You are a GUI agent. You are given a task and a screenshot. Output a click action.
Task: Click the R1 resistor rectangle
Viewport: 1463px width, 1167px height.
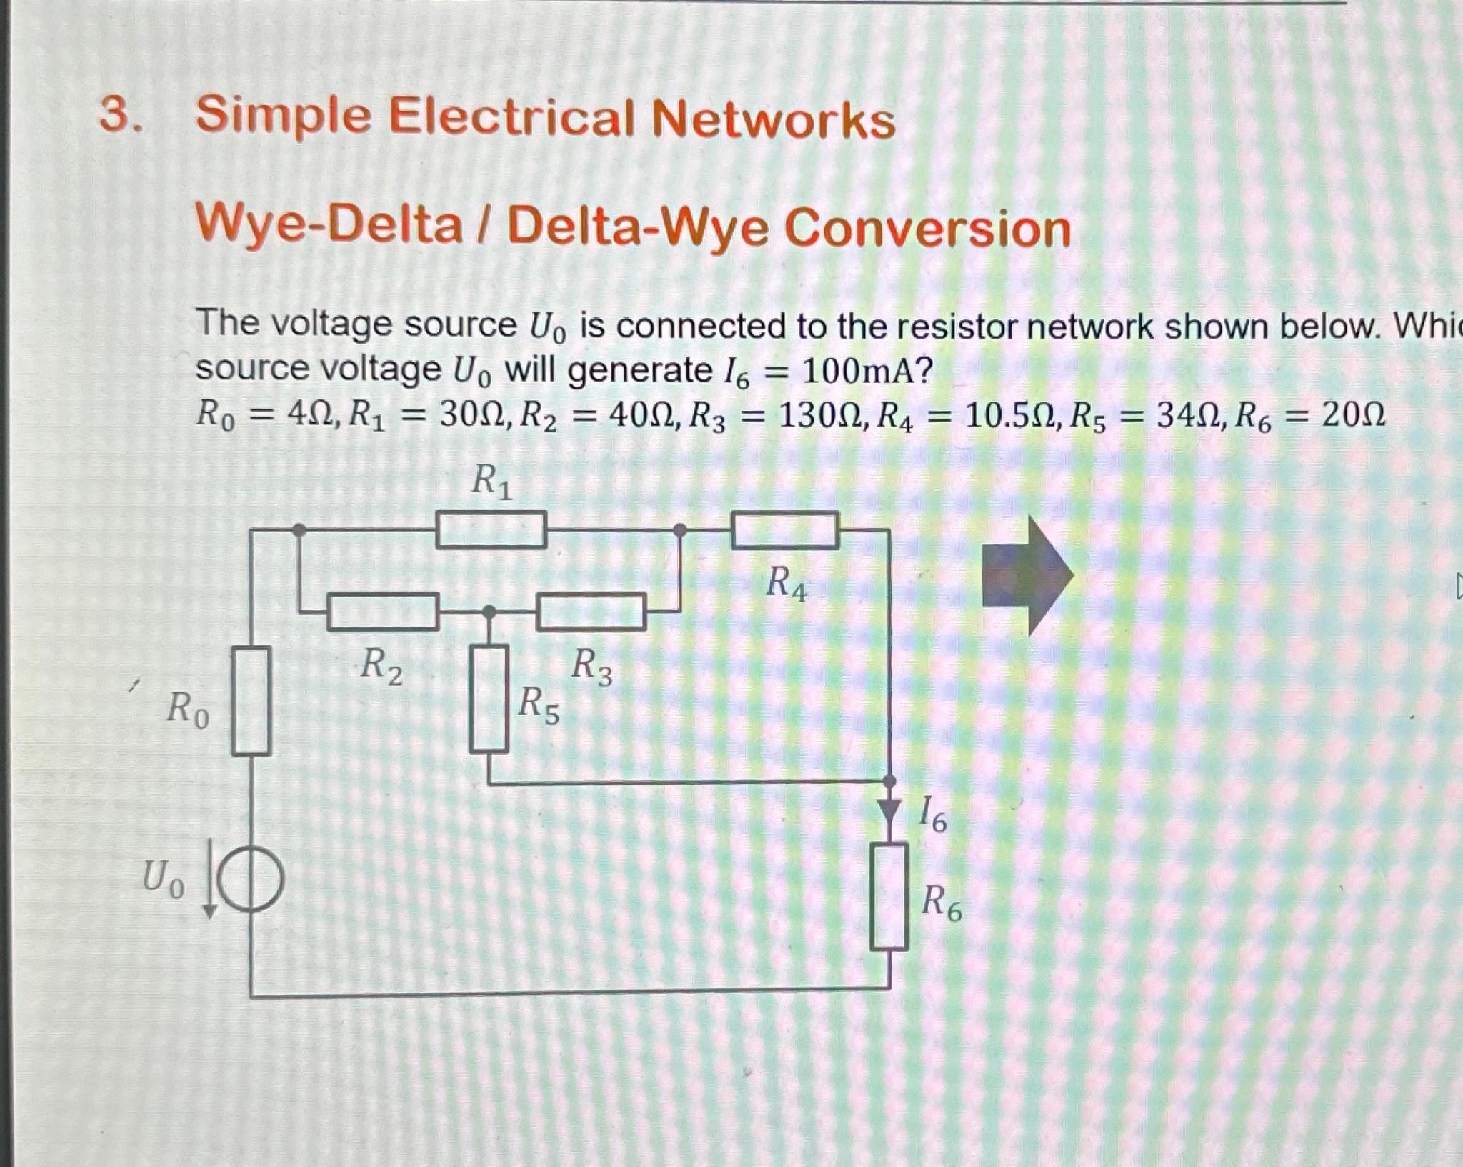(x=491, y=530)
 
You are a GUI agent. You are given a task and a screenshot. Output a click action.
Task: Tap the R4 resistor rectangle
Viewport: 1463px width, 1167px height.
(x=784, y=530)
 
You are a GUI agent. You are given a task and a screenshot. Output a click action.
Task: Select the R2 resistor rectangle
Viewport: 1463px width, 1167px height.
(x=383, y=612)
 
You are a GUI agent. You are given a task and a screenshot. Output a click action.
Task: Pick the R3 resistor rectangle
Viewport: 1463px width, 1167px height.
(x=591, y=612)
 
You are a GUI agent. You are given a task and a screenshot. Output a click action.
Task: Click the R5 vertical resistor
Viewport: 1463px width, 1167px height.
(x=489, y=698)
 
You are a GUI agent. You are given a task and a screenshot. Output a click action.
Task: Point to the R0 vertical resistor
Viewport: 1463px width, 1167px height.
(x=251, y=700)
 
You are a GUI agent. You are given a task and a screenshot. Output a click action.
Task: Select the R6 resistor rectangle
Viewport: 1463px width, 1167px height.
(x=889, y=896)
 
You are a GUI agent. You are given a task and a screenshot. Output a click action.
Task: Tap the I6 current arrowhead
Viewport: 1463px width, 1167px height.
(x=889, y=810)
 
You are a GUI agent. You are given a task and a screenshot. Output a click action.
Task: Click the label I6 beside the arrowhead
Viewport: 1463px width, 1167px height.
(x=932, y=814)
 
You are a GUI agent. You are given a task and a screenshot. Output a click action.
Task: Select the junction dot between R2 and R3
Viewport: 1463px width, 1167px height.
(x=489, y=612)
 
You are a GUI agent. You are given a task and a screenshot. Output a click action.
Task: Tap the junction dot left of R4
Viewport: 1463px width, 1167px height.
(x=680, y=530)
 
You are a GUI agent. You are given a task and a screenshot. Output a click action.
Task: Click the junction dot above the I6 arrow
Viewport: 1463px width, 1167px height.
(x=889, y=780)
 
